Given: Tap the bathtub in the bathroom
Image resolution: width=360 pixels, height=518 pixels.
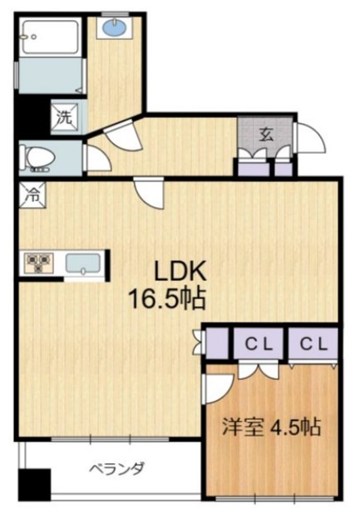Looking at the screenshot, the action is [x=50, y=37].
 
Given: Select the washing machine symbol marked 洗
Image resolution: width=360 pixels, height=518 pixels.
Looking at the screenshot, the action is [x=65, y=117].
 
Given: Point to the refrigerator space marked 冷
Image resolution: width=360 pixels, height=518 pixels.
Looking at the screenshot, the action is [x=32, y=195].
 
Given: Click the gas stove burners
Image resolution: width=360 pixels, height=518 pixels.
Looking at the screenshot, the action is [x=38, y=263].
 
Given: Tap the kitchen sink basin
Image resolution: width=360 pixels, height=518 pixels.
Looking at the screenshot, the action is [x=83, y=263].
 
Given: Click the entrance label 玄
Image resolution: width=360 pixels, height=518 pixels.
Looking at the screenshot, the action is [x=266, y=135].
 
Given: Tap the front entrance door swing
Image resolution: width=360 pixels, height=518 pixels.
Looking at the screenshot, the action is [x=310, y=138].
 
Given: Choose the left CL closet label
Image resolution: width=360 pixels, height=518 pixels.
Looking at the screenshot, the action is [x=259, y=344].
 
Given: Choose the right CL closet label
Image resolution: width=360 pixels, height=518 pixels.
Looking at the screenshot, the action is [x=313, y=344].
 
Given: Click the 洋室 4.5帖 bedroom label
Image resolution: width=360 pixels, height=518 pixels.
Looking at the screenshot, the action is [x=272, y=427].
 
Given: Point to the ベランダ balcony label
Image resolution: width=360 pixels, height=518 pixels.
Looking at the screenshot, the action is [x=117, y=468].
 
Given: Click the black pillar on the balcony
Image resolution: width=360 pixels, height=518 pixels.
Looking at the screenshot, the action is [x=34, y=485].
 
